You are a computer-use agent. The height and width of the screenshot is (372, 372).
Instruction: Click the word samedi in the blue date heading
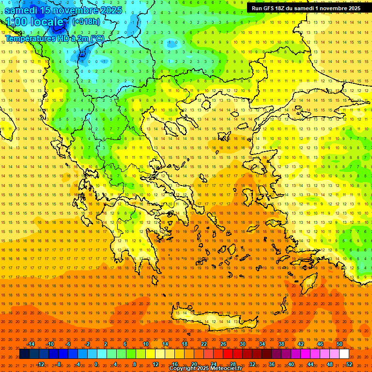(24, 10)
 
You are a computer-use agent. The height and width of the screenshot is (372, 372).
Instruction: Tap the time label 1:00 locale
(34, 22)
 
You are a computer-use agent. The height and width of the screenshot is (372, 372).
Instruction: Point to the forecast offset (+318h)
(86, 21)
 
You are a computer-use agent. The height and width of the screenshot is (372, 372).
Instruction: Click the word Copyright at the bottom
(183, 369)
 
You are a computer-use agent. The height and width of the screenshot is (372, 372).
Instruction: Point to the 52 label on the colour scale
(349, 364)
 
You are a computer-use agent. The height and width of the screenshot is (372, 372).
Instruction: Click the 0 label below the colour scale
(95, 364)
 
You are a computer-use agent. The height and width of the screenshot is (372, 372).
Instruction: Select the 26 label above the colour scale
(223, 344)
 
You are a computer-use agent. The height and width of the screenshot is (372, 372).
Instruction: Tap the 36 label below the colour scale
(272, 364)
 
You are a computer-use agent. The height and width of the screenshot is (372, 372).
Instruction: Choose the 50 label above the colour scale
(340, 344)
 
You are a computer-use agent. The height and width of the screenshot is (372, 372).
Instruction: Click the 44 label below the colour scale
(310, 364)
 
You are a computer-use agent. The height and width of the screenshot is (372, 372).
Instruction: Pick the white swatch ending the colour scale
(344, 354)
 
